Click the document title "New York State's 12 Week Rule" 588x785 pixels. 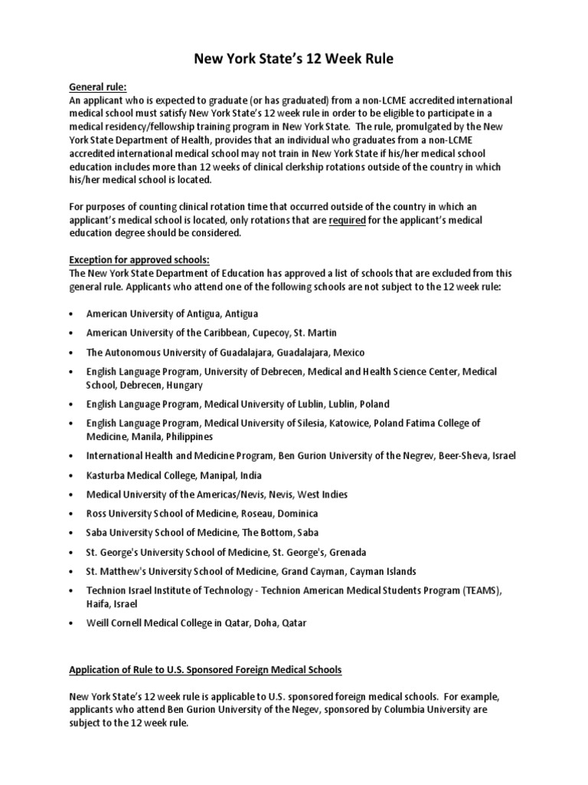[294, 59]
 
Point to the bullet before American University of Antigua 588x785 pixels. [71, 314]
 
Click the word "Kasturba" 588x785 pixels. [106, 475]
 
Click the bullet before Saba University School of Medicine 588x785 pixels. [71, 533]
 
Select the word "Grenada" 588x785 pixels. [346, 552]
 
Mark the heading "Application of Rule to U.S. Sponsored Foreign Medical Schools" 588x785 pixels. [205, 670]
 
